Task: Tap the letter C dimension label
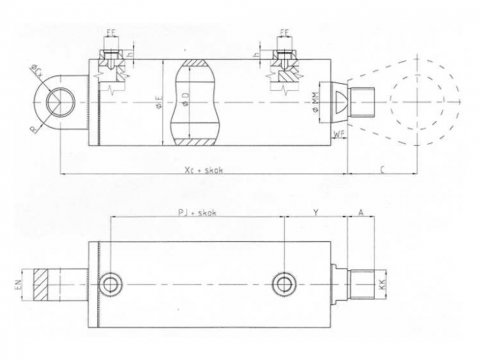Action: click(x=384, y=169)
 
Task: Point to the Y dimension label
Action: click(x=316, y=212)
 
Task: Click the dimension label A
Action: click(x=360, y=212)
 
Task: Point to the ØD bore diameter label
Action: click(x=186, y=97)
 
